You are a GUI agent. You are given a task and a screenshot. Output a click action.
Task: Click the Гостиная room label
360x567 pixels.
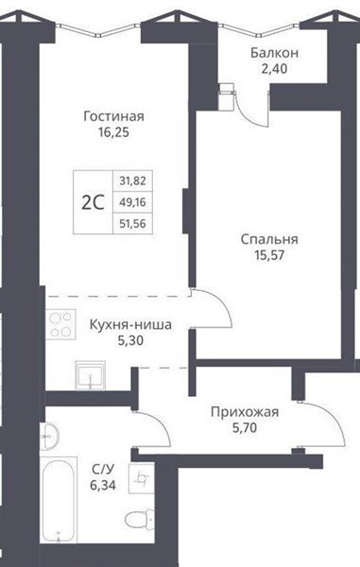click(x=113, y=117)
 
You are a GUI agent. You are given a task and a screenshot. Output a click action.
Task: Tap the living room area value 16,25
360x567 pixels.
click(x=113, y=132)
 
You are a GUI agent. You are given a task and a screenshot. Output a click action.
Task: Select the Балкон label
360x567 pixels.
click(x=275, y=53)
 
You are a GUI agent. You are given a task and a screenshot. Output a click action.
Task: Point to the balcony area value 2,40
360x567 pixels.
click(x=274, y=68)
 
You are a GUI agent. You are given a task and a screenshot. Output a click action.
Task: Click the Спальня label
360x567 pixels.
click(x=269, y=239)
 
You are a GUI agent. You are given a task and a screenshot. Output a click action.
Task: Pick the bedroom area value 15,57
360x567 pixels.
click(x=269, y=255)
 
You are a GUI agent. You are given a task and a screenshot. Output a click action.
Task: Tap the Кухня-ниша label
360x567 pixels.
click(x=130, y=325)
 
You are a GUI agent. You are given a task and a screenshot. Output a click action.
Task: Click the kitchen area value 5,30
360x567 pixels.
click(x=130, y=340)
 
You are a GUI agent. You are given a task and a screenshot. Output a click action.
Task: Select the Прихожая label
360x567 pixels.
click(x=245, y=412)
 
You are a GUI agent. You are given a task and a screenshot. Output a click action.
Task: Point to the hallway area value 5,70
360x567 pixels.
click(x=245, y=428)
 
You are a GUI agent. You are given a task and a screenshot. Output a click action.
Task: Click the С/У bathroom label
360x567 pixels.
click(x=103, y=469)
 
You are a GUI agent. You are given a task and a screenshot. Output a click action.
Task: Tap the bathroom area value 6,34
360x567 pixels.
click(x=103, y=485)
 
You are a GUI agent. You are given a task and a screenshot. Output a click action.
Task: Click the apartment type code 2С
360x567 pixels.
click(x=93, y=202)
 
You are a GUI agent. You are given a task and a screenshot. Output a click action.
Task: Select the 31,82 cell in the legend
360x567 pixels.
click(x=132, y=180)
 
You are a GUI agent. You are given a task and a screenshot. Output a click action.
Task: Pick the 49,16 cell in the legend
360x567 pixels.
click(x=132, y=202)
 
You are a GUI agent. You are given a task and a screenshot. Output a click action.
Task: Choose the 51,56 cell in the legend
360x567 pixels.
click(x=132, y=223)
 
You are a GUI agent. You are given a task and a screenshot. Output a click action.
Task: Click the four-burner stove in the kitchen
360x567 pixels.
click(x=60, y=324)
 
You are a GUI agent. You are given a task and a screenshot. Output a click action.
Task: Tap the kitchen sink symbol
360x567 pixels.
click(x=91, y=375)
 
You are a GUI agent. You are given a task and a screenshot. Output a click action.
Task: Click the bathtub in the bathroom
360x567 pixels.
click(x=59, y=500)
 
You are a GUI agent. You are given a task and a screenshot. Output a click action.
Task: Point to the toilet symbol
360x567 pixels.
click(x=140, y=520)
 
